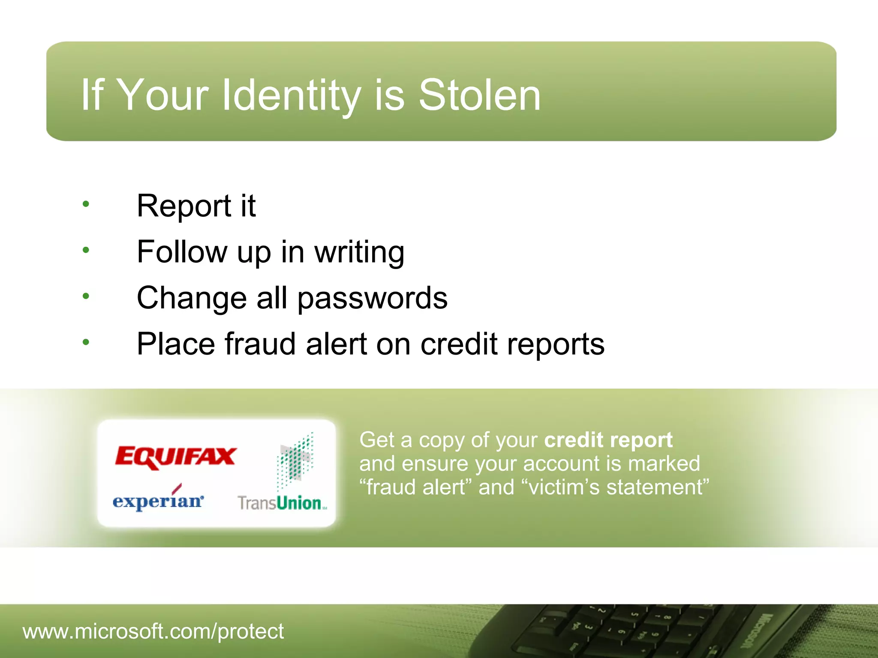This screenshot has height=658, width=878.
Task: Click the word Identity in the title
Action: point(292,95)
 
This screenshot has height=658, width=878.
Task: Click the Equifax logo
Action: point(175,457)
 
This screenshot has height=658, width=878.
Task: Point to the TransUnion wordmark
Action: point(282,503)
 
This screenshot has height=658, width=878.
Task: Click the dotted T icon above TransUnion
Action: point(295,461)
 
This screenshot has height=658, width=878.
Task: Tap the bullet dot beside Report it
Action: point(86,204)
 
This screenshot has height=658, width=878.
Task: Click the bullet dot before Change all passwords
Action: point(86,296)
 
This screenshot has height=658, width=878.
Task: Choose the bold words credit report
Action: point(608,440)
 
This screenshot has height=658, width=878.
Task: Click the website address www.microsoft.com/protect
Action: point(153,631)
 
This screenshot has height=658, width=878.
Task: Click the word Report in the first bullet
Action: point(184,206)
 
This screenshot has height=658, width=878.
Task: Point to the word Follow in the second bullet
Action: point(182,252)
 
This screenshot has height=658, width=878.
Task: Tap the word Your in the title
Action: point(162,95)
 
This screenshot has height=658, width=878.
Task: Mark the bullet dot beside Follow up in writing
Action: point(86,250)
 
